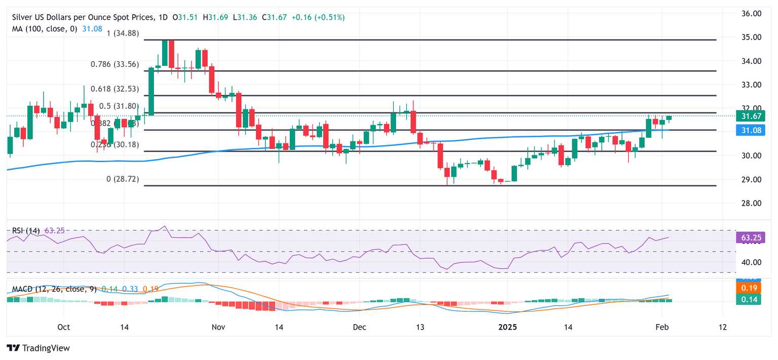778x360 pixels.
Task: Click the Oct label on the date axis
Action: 63,327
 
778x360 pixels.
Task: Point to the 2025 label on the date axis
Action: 507,327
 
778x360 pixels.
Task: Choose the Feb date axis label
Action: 661,327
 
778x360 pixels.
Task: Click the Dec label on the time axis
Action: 360,327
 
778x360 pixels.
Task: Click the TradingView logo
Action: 38,348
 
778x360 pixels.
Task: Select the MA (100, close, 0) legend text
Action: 45,29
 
